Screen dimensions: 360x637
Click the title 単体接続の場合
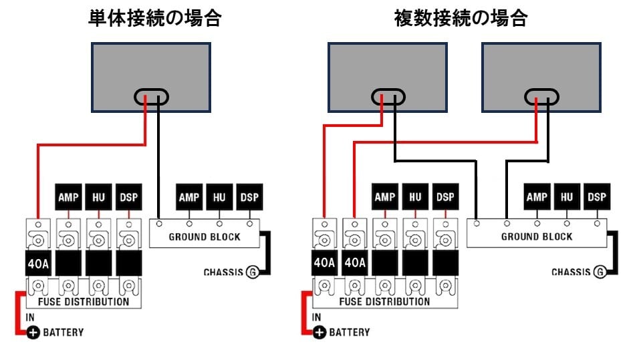tap(154, 19)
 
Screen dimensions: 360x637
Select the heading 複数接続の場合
tap(461, 19)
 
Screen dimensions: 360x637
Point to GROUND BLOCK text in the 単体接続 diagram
tap(204, 236)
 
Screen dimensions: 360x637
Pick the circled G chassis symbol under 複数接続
tap(600, 272)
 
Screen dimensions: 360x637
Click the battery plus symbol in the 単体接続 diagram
tap(33, 332)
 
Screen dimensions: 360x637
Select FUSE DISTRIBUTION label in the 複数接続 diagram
tap(384, 301)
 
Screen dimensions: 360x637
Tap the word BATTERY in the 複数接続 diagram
tap(349, 332)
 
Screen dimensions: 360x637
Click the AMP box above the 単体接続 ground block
tap(190, 197)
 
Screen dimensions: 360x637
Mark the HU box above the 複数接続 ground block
tap(567, 197)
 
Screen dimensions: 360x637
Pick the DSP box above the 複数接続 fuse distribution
tap(445, 197)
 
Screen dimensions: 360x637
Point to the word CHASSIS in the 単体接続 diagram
tap(223, 272)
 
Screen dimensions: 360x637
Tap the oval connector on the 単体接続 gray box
tap(151, 98)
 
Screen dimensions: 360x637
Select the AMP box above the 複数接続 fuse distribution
tap(384, 197)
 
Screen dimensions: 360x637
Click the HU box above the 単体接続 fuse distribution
tap(98, 197)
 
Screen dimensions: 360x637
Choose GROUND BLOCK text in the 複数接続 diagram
tap(537, 236)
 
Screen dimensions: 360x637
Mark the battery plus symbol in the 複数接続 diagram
tap(320, 332)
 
